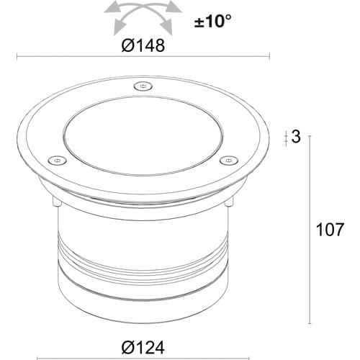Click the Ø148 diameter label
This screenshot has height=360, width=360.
pos(143,45)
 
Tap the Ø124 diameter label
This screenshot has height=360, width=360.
pos(143,347)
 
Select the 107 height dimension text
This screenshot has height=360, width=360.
pos(330,230)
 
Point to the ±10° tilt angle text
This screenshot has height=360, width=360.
pos(212,21)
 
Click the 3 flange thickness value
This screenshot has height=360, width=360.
pos(296,137)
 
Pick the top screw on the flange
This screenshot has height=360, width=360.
pos(143,86)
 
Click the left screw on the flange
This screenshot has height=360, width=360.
pos(57,161)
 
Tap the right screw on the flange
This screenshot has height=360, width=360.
pos(228,161)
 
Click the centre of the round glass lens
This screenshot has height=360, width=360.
pos(143,135)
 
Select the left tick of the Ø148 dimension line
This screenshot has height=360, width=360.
pos(17,57)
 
